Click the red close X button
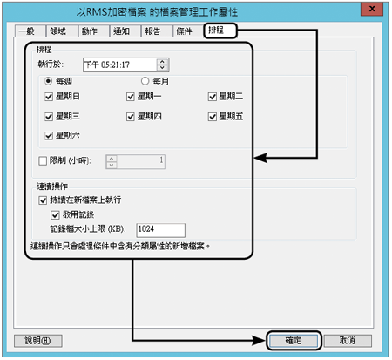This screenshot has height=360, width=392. [x=372, y=9]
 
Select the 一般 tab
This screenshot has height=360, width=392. [x=30, y=31]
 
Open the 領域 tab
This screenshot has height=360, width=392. [x=61, y=31]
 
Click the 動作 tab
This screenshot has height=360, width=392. [x=93, y=31]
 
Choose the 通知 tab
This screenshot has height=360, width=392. [x=125, y=31]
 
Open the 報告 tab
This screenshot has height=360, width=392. [x=156, y=31]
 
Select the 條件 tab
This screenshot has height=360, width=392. [x=188, y=31]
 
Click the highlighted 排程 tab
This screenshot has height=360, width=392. [x=220, y=31]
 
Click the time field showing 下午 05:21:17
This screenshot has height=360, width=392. [x=120, y=65]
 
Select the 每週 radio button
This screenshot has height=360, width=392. [x=49, y=81]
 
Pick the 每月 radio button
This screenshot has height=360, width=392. [x=145, y=81]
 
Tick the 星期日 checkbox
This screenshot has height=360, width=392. [x=49, y=97]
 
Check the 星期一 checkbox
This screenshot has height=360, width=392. [x=131, y=97]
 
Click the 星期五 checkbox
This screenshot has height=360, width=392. [x=213, y=117]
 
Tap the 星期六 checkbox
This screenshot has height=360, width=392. [x=49, y=135]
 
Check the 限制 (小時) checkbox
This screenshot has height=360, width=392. [x=43, y=160]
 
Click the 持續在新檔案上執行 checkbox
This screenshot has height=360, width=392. [x=43, y=200]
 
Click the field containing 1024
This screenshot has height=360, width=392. [x=160, y=230]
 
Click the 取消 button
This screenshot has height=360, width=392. [x=348, y=341]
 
